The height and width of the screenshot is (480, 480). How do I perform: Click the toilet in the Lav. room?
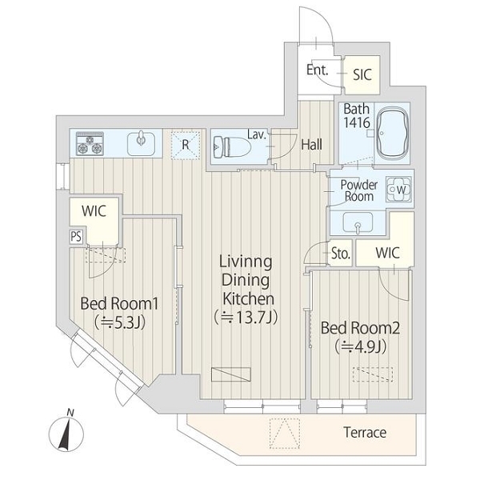232,146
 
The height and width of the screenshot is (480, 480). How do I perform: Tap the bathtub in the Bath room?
393,134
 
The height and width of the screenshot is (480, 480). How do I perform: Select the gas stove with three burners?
90,143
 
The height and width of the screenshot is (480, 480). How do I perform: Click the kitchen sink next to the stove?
141,143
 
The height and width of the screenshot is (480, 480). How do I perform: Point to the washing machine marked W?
399,190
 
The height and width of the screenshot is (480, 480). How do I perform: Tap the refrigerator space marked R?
186,145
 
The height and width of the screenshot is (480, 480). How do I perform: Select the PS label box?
76,236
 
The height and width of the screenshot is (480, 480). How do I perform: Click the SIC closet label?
362,74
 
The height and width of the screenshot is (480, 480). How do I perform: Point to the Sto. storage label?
341,253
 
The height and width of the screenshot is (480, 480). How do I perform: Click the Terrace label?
365,432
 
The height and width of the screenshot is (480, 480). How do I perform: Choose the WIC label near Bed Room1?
94,211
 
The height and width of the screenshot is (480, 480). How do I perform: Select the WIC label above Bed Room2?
387,253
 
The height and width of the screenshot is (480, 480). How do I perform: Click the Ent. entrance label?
317,70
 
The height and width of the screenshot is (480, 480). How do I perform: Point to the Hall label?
312,145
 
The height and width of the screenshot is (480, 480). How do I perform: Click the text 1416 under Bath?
357,122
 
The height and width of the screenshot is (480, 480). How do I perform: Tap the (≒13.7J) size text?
246,318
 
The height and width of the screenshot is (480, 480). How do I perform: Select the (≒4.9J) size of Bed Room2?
360,347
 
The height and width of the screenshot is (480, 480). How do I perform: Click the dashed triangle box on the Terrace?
284,434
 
